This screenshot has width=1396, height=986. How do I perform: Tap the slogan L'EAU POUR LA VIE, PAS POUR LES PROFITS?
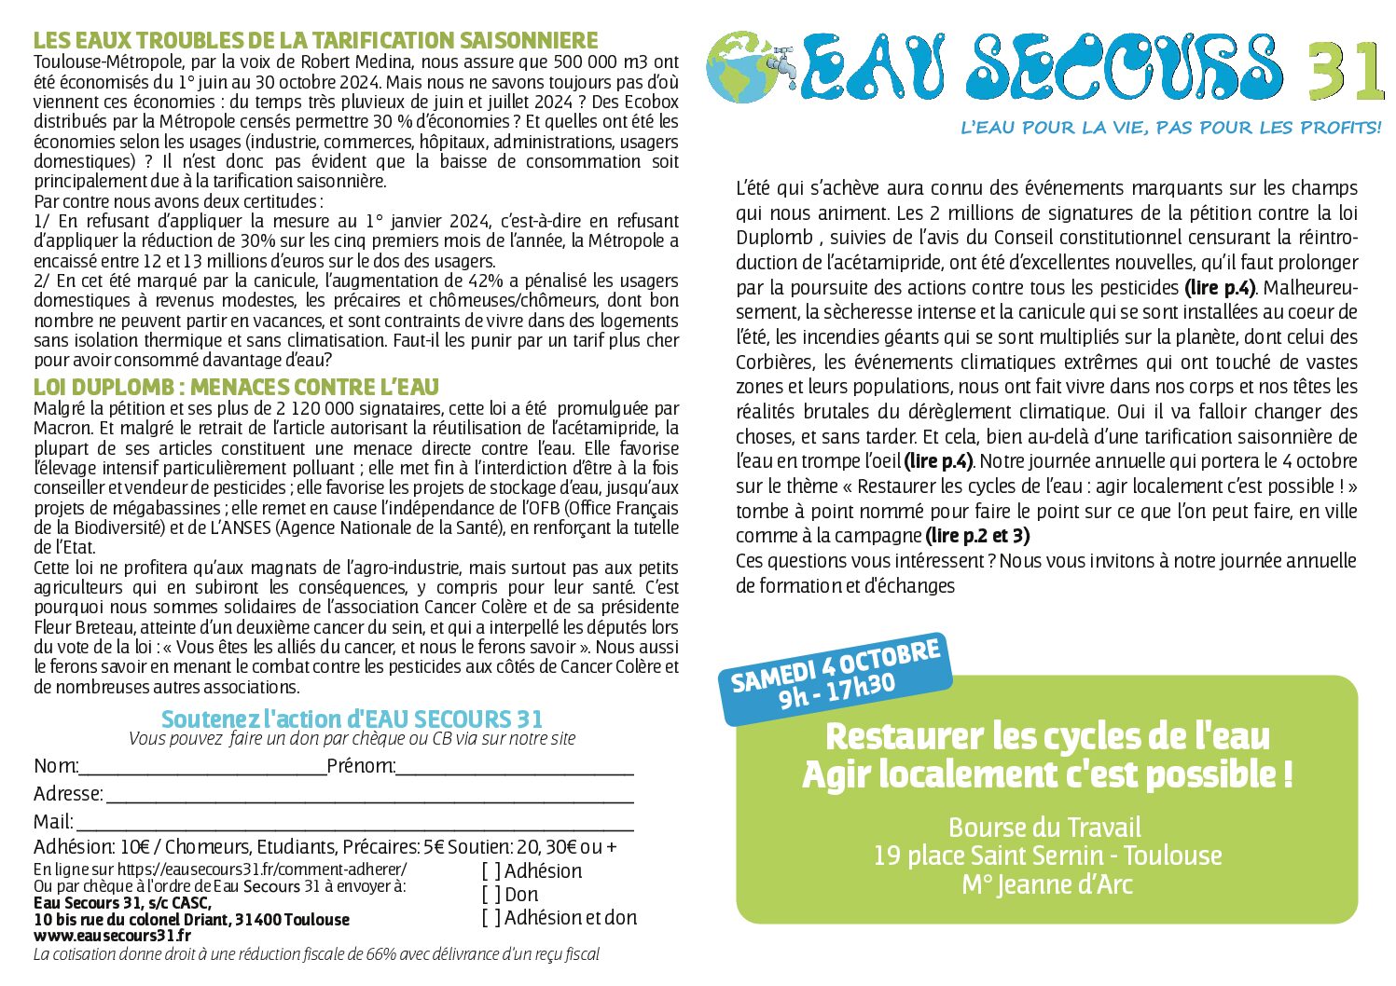pyautogui.click(x=1170, y=128)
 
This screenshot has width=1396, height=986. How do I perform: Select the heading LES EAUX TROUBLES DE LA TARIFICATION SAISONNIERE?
pyautogui.click(x=315, y=41)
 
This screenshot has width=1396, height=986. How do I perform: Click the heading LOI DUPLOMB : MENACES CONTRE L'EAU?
pyautogui.click(x=236, y=387)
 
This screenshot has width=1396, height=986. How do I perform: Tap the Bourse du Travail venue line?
pyautogui.click(x=1044, y=827)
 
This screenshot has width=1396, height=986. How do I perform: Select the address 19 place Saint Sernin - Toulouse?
pyautogui.click(x=1046, y=855)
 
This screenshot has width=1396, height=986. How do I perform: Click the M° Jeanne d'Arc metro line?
pyautogui.click(x=1046, y=883)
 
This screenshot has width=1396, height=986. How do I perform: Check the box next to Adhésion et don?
pyautogui.click(x=491, y=918)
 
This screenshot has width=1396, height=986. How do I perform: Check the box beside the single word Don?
pyautogui.click(x=491, y=895)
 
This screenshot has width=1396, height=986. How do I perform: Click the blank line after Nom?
pyautogui.click(x=202, y=768)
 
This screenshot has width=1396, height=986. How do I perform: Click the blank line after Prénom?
pyautogui.click(x=515, y=768)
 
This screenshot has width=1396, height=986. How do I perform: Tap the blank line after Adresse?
pyautogui.click(x=369, y=796)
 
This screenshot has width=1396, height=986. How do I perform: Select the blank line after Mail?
pyautogui.click(x=354, y=824)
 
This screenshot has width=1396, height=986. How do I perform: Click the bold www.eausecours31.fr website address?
pyautogui.click(x=112, y=935)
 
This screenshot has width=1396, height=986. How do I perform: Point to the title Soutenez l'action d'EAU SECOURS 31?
pyautogui.click(x=352, y=719)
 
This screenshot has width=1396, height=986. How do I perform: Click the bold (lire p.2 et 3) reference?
pyautogui.click(x=977, y=536)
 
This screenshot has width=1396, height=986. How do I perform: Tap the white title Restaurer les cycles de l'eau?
pyautogui.click(x=1047, y=736)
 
